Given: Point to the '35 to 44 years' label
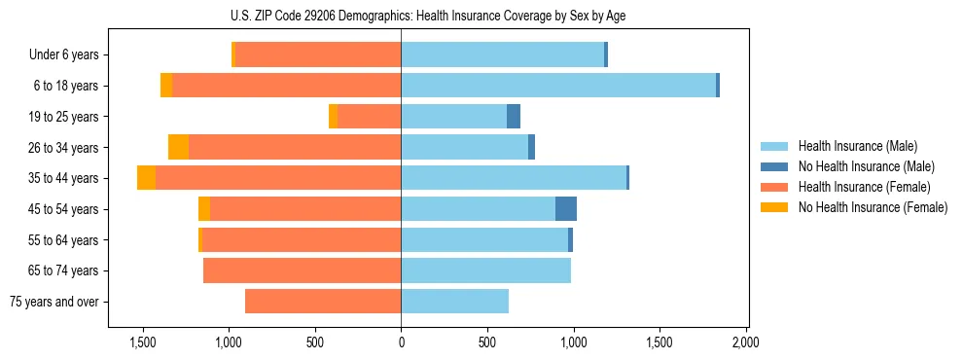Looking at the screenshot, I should coord(63,178).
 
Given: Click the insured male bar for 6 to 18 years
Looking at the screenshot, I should coord(558,86).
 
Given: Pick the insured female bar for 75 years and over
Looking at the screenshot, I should coord(323,302).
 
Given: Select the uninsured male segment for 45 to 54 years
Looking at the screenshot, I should coord(566,209).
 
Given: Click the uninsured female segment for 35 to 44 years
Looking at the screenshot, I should coord(146,178).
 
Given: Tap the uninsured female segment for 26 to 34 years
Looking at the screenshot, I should coord(178,147).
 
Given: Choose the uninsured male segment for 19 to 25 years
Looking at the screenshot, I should coord(514,117).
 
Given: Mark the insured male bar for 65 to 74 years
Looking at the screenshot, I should coord(485,270).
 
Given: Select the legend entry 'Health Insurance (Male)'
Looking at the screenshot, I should coord(857,146).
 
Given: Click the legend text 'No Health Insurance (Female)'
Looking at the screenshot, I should coord(873,207).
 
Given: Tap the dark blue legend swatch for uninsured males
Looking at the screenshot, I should coord(774,166).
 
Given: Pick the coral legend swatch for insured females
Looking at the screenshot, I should coord(774,187).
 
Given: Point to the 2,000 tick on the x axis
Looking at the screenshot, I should coord(745,342).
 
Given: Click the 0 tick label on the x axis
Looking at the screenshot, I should coord(401,342).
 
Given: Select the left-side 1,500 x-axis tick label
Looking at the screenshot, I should coord(142,342).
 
